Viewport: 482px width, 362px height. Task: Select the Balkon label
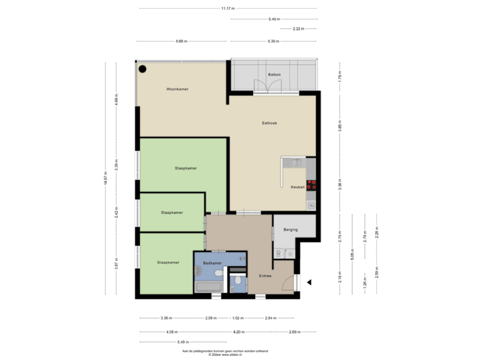point(273,74)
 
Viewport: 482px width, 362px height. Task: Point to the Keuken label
point(297,188)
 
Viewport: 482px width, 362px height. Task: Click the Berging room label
point(291,229)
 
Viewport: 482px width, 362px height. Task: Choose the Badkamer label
point(212,264)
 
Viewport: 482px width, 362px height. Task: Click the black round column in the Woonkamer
point(143,68)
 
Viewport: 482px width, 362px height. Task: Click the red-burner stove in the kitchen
point(311,185)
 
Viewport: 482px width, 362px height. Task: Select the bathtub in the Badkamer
point(209,286)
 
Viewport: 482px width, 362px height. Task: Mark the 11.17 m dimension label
point(228,9)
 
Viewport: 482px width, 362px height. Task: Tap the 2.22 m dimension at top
point(299,29)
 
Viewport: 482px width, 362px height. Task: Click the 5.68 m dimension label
point(181,41)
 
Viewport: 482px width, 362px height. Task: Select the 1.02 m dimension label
point(237,318)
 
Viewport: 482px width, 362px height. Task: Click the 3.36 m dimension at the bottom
point(165,318)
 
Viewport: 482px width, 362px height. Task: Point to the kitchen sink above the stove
point(311,163)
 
